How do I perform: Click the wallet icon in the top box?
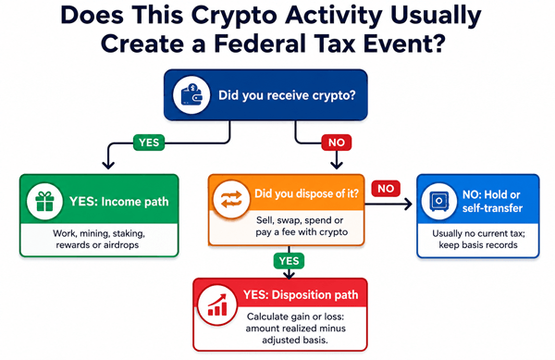tap(191, 94)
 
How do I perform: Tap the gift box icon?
tap(44, 202)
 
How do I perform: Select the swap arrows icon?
tap(231, 199)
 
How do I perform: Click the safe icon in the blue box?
tap(438, 201)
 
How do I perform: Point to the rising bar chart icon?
tap(217, 304)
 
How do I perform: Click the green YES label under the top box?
tap(149, 143)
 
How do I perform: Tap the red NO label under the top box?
tap(337, 143)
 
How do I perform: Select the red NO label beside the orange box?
tap(386, 188)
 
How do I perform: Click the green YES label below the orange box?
tap(289, 261)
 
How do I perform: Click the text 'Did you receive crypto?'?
tap(287, 95)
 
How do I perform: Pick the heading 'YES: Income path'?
tap(119, 202)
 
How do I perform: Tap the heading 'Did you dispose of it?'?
tap(306, 193)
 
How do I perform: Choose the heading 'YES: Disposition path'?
tap(301, 295)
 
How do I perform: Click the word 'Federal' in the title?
tap(260, 43)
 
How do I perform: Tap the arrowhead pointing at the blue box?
tap(409, 204)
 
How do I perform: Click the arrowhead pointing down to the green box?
tap(108, 165)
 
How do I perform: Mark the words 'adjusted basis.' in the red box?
tap(295, 341)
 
